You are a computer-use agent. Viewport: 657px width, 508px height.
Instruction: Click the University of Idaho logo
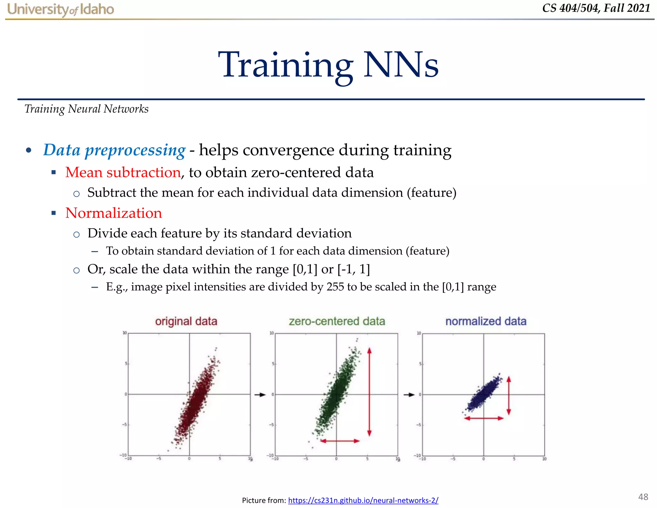click(61, 9)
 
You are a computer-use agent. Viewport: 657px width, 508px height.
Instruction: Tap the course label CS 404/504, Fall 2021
click(596, 8)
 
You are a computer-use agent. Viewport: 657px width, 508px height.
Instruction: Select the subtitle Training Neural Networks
click(86, 109)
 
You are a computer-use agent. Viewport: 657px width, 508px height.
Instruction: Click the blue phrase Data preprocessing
click(114, 150)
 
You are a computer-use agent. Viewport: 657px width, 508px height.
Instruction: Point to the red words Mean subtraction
click(123, 172)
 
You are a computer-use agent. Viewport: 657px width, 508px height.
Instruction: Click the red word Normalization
click(114, 213)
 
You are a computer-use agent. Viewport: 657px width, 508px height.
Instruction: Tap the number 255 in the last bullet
click(335, 287)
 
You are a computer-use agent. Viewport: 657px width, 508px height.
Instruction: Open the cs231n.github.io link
click(363, 500)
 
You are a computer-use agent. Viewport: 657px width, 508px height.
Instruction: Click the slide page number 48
click(643, 497)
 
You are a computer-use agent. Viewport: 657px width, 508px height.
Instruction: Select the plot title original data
click(186, 321)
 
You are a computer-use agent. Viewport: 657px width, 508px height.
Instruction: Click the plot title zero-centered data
click(337, 321)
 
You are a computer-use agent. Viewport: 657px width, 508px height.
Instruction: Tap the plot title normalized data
click(486, 321)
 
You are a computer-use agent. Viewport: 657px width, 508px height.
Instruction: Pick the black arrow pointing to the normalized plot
click(409, 395)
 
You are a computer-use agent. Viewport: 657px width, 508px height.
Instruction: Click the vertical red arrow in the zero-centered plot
click(369, 392)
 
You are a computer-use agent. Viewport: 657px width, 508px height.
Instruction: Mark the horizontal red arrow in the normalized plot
click(484, 418)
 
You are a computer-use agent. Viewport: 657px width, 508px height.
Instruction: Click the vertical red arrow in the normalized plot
click(508, 396)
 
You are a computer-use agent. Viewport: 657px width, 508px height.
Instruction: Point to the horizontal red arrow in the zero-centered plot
click(340, 441)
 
